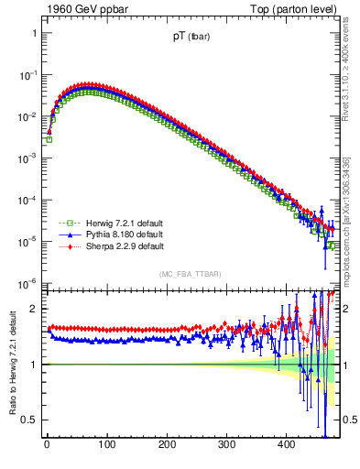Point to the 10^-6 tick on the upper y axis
click(27, 283)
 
